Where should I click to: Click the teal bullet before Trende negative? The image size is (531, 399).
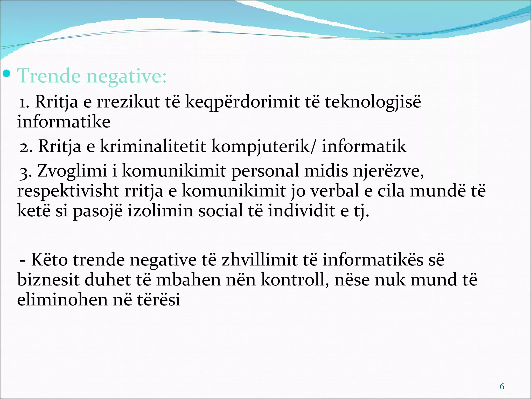(x=6, y=74)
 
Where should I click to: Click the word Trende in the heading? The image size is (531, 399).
(x=49, y=76)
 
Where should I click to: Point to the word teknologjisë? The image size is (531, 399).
(x=373, y=102)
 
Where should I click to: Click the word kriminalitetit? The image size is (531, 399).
(x=153, y=146)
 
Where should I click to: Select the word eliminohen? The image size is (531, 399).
(x=62, y=300)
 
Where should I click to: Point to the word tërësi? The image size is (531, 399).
(x=158, y=300)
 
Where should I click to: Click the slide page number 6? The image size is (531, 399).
(x=502, y=387)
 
